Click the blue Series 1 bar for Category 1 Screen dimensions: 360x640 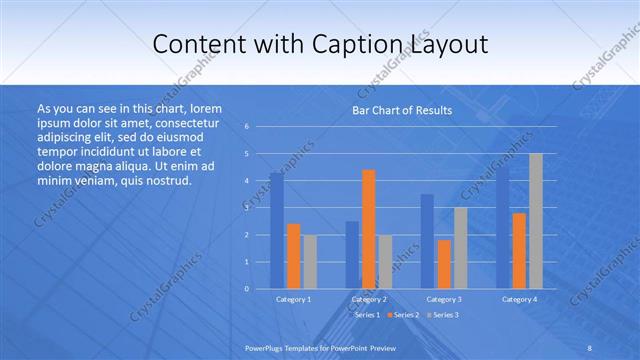coord(277,231)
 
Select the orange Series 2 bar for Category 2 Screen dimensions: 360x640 coord(368,229)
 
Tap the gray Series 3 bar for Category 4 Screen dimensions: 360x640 coord(536,221)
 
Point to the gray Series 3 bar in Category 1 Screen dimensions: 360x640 coord(310,262)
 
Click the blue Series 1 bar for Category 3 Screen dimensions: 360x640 coord(427,241)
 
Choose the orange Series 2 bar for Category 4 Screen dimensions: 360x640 coord(519,251)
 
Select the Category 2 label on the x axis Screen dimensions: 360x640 coord(368,299)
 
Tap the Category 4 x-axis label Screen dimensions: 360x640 coord(519,299)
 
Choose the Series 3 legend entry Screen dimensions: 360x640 coord(443,315)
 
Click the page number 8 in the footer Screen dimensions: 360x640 coord(590,348)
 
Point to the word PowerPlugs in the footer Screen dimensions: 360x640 coord(266,348)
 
